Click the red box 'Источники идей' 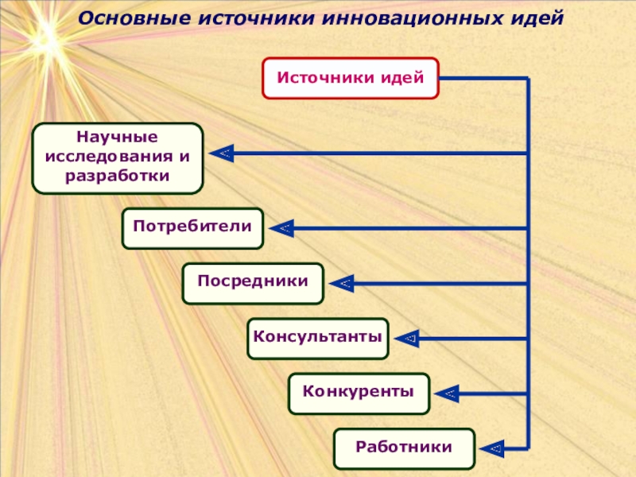[350, 78]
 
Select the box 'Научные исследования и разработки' [118, 157]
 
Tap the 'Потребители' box [192, 228]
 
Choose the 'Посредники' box [253, 283]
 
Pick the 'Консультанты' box [318, 338]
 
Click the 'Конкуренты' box [359, 393]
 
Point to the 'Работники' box [404, 448]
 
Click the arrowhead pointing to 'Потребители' [281, 229]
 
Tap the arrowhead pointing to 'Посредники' [342, 284]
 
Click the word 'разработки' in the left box [118, 175]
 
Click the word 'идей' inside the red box [402, 78]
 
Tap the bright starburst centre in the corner [44, 36]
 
